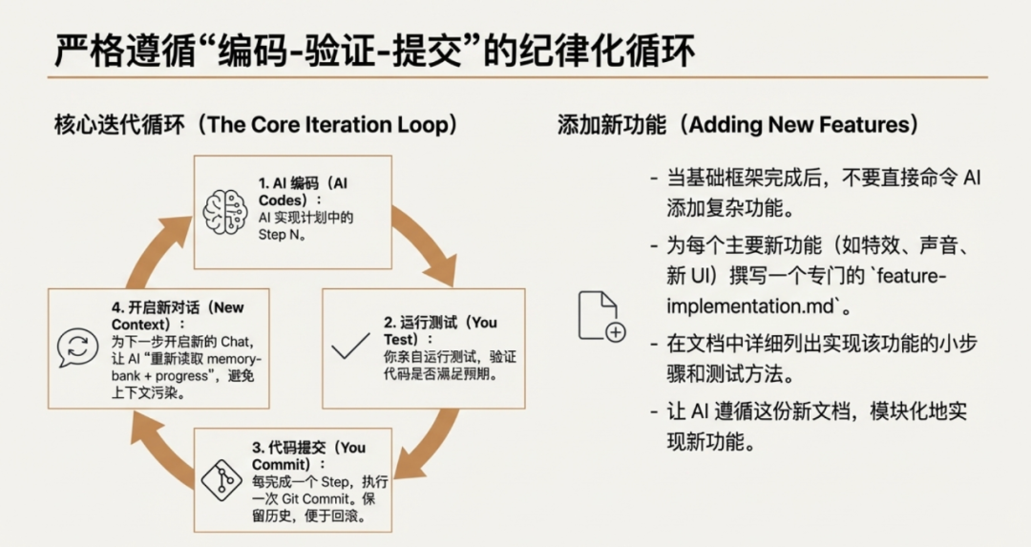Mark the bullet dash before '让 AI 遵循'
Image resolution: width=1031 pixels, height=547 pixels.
[x=654, y=413]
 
